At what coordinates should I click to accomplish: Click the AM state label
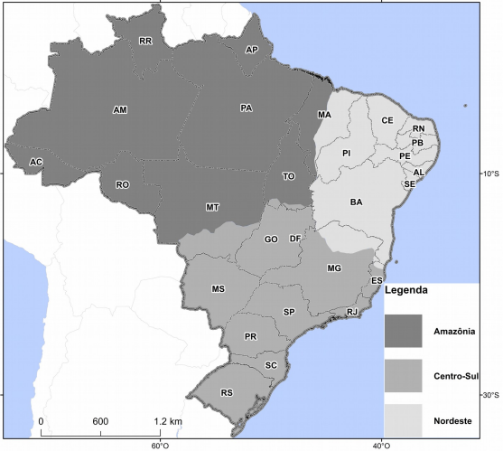point(120,110)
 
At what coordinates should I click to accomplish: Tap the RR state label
point(145,42)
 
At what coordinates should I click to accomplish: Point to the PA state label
point(246,108)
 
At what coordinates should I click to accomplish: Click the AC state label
point(35,162)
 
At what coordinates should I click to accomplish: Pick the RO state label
point(123,184)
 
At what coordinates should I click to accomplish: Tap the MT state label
point(212,208)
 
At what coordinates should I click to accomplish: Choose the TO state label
point(288,176)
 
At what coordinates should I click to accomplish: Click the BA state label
point(357,202)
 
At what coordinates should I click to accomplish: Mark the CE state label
point(387,120)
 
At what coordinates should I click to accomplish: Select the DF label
point(294,239)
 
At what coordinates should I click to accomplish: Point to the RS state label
point(227,393)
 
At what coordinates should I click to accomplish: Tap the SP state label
point(289,312)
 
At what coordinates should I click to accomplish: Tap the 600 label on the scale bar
point(100,422)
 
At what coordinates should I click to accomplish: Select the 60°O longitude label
point(159,444)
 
